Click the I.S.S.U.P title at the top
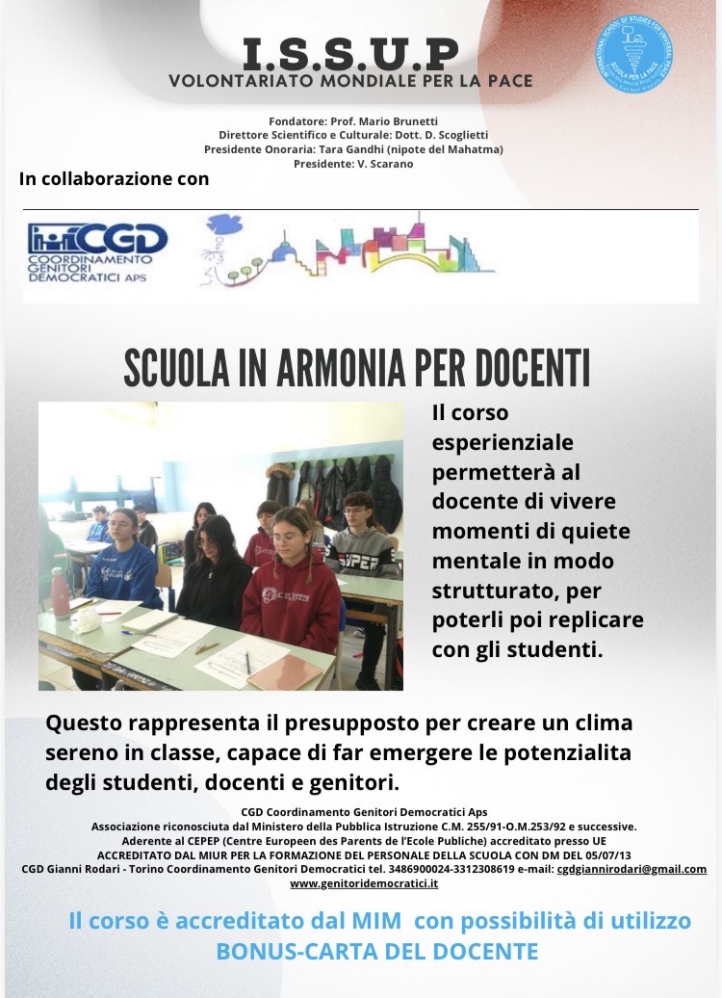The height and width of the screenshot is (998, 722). click(x=350, y=52)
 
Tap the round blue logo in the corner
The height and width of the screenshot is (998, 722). click(x=634, y=50)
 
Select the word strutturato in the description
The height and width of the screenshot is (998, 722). click(x=491, y=589)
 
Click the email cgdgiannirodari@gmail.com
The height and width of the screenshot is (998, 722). click(x=632, y=868)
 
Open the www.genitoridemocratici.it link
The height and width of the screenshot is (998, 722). click(x=364, y=882)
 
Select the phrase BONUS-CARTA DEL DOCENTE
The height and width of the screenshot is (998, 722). click(x=377, y=952)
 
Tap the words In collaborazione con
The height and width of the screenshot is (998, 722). click(x=114, y=178)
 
